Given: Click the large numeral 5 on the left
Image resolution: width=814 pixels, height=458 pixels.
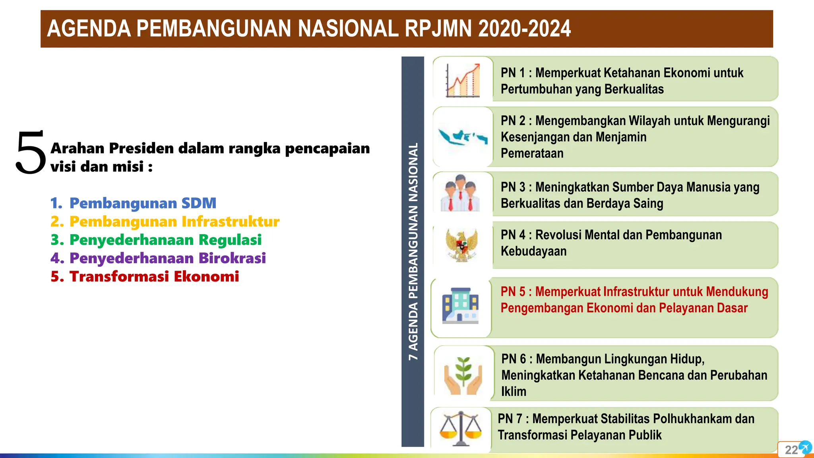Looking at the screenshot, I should (31, 153).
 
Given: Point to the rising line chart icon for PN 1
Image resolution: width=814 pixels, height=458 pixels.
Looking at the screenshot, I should (463, 80).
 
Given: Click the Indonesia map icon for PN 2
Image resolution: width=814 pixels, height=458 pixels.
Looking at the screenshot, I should (463, 137).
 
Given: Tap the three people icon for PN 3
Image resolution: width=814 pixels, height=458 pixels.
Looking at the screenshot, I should (461, 193).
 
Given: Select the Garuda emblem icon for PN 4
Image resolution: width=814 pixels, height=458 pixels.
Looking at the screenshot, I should (461, 245).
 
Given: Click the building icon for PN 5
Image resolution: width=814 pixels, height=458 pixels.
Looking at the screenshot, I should (461, 305).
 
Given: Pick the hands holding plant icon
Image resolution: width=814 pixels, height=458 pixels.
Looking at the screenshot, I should (463, 375).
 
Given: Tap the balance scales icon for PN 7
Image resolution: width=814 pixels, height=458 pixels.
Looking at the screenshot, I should (460, 429).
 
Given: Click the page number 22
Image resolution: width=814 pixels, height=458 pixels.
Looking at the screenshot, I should (791, 450).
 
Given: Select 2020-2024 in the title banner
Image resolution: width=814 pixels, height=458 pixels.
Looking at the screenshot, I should (525, 29).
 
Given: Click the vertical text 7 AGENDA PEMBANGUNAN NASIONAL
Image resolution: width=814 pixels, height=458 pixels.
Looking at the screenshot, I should (413, 252).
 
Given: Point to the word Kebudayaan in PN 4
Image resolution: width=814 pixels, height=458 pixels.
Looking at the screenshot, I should (533, 251).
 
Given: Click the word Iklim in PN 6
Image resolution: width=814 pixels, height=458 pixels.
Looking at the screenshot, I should (514, 391).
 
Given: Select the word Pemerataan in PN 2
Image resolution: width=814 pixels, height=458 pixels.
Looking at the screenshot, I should (532, 153).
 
